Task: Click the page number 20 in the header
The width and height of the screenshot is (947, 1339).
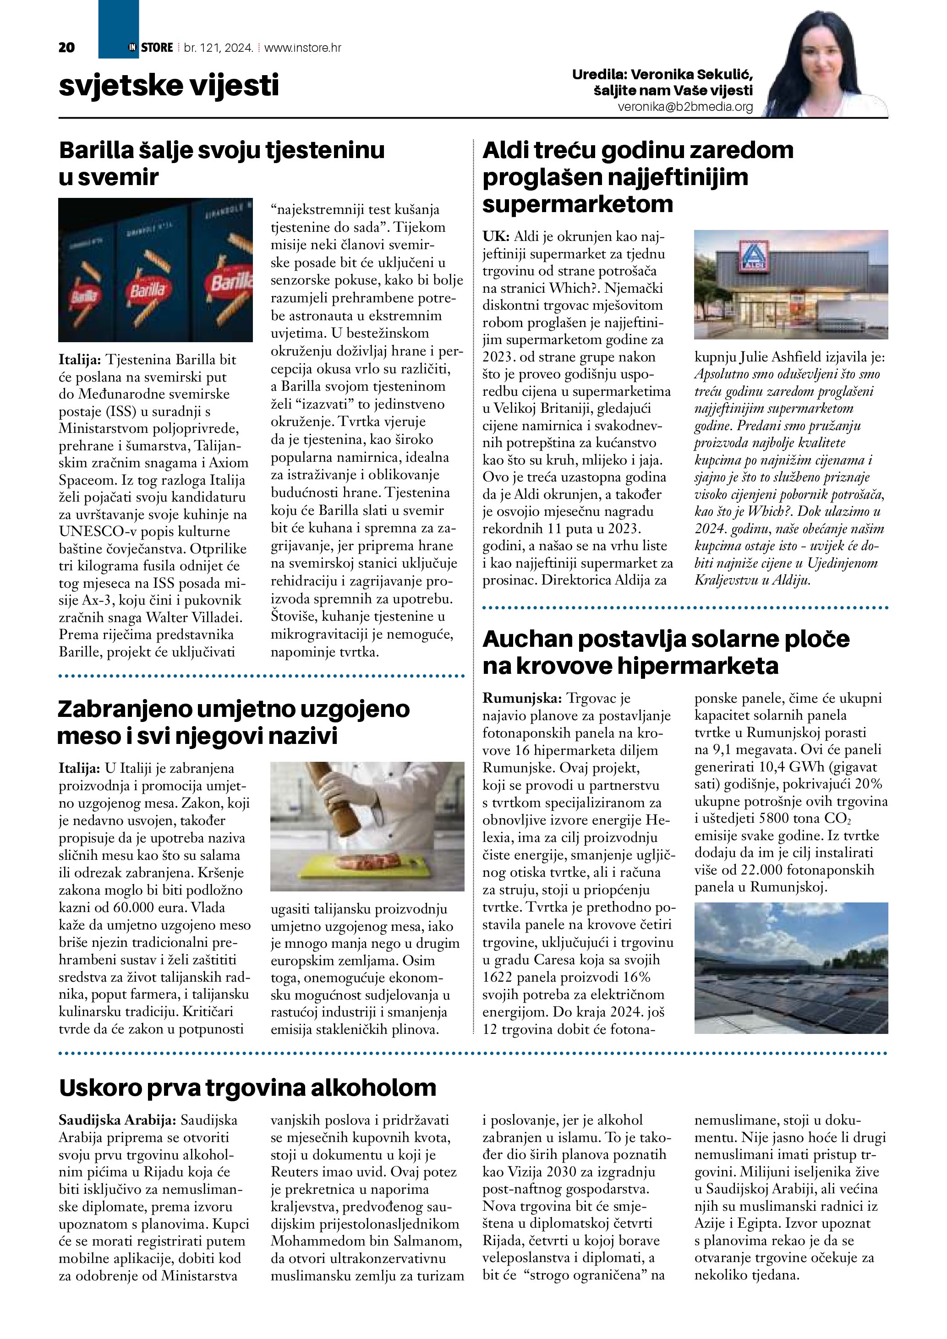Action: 67,47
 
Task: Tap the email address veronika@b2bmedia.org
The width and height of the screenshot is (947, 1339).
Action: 685,107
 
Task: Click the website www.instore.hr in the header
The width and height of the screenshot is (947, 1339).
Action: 303,48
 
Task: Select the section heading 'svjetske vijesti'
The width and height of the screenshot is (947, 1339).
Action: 169,85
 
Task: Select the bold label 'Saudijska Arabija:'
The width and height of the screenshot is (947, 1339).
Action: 117,1120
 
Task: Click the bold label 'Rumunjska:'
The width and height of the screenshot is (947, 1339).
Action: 522,698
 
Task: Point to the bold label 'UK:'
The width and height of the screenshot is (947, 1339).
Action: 496,237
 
